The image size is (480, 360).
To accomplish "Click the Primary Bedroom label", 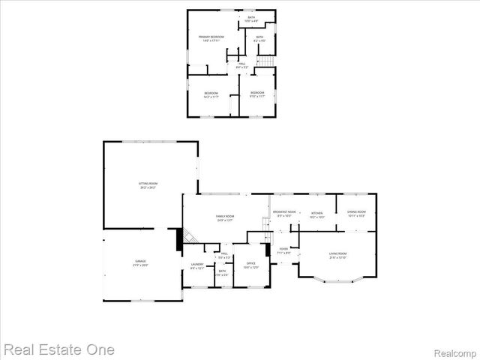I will (x=211, y=37).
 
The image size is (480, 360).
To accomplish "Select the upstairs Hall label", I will (x=242, y=65).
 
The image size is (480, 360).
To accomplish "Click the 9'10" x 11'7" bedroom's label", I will (x=257, y=94).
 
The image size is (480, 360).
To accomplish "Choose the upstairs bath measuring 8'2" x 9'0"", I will (x=259, y=39).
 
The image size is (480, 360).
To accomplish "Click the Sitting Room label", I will (x=148, y=184).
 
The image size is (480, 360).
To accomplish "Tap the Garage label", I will (x=140, y=262).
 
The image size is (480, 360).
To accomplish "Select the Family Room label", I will (x=225, y=218).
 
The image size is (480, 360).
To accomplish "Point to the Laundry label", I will (x=197, y=265).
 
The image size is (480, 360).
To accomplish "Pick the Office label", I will (x=251, y=265).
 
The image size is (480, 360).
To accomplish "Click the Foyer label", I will (x=283, y=250).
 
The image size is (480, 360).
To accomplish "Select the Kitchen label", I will (x=317, y=215).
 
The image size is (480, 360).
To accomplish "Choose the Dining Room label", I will (x=356, y=214).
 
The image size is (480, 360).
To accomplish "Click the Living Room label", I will (x=337, y=256).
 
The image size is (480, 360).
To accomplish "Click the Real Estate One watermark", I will (x=58, y=349).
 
